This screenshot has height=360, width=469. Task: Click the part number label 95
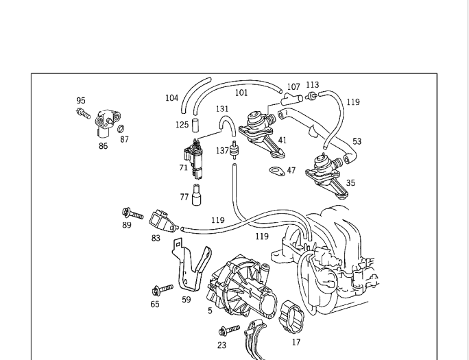click(x=81, y=101)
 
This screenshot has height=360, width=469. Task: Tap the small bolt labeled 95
click(x=83, y=113)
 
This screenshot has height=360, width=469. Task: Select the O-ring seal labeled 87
click(x=121, y=129)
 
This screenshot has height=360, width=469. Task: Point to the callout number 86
click(x=103, y=146)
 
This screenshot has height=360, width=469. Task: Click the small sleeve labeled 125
click(x=195, y=125)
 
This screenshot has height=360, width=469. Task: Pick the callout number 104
click(x=172, y=98)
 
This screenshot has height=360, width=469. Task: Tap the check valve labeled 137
click(x=234, y=150)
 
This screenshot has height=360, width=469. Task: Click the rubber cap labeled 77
click(x=196, y=195)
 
